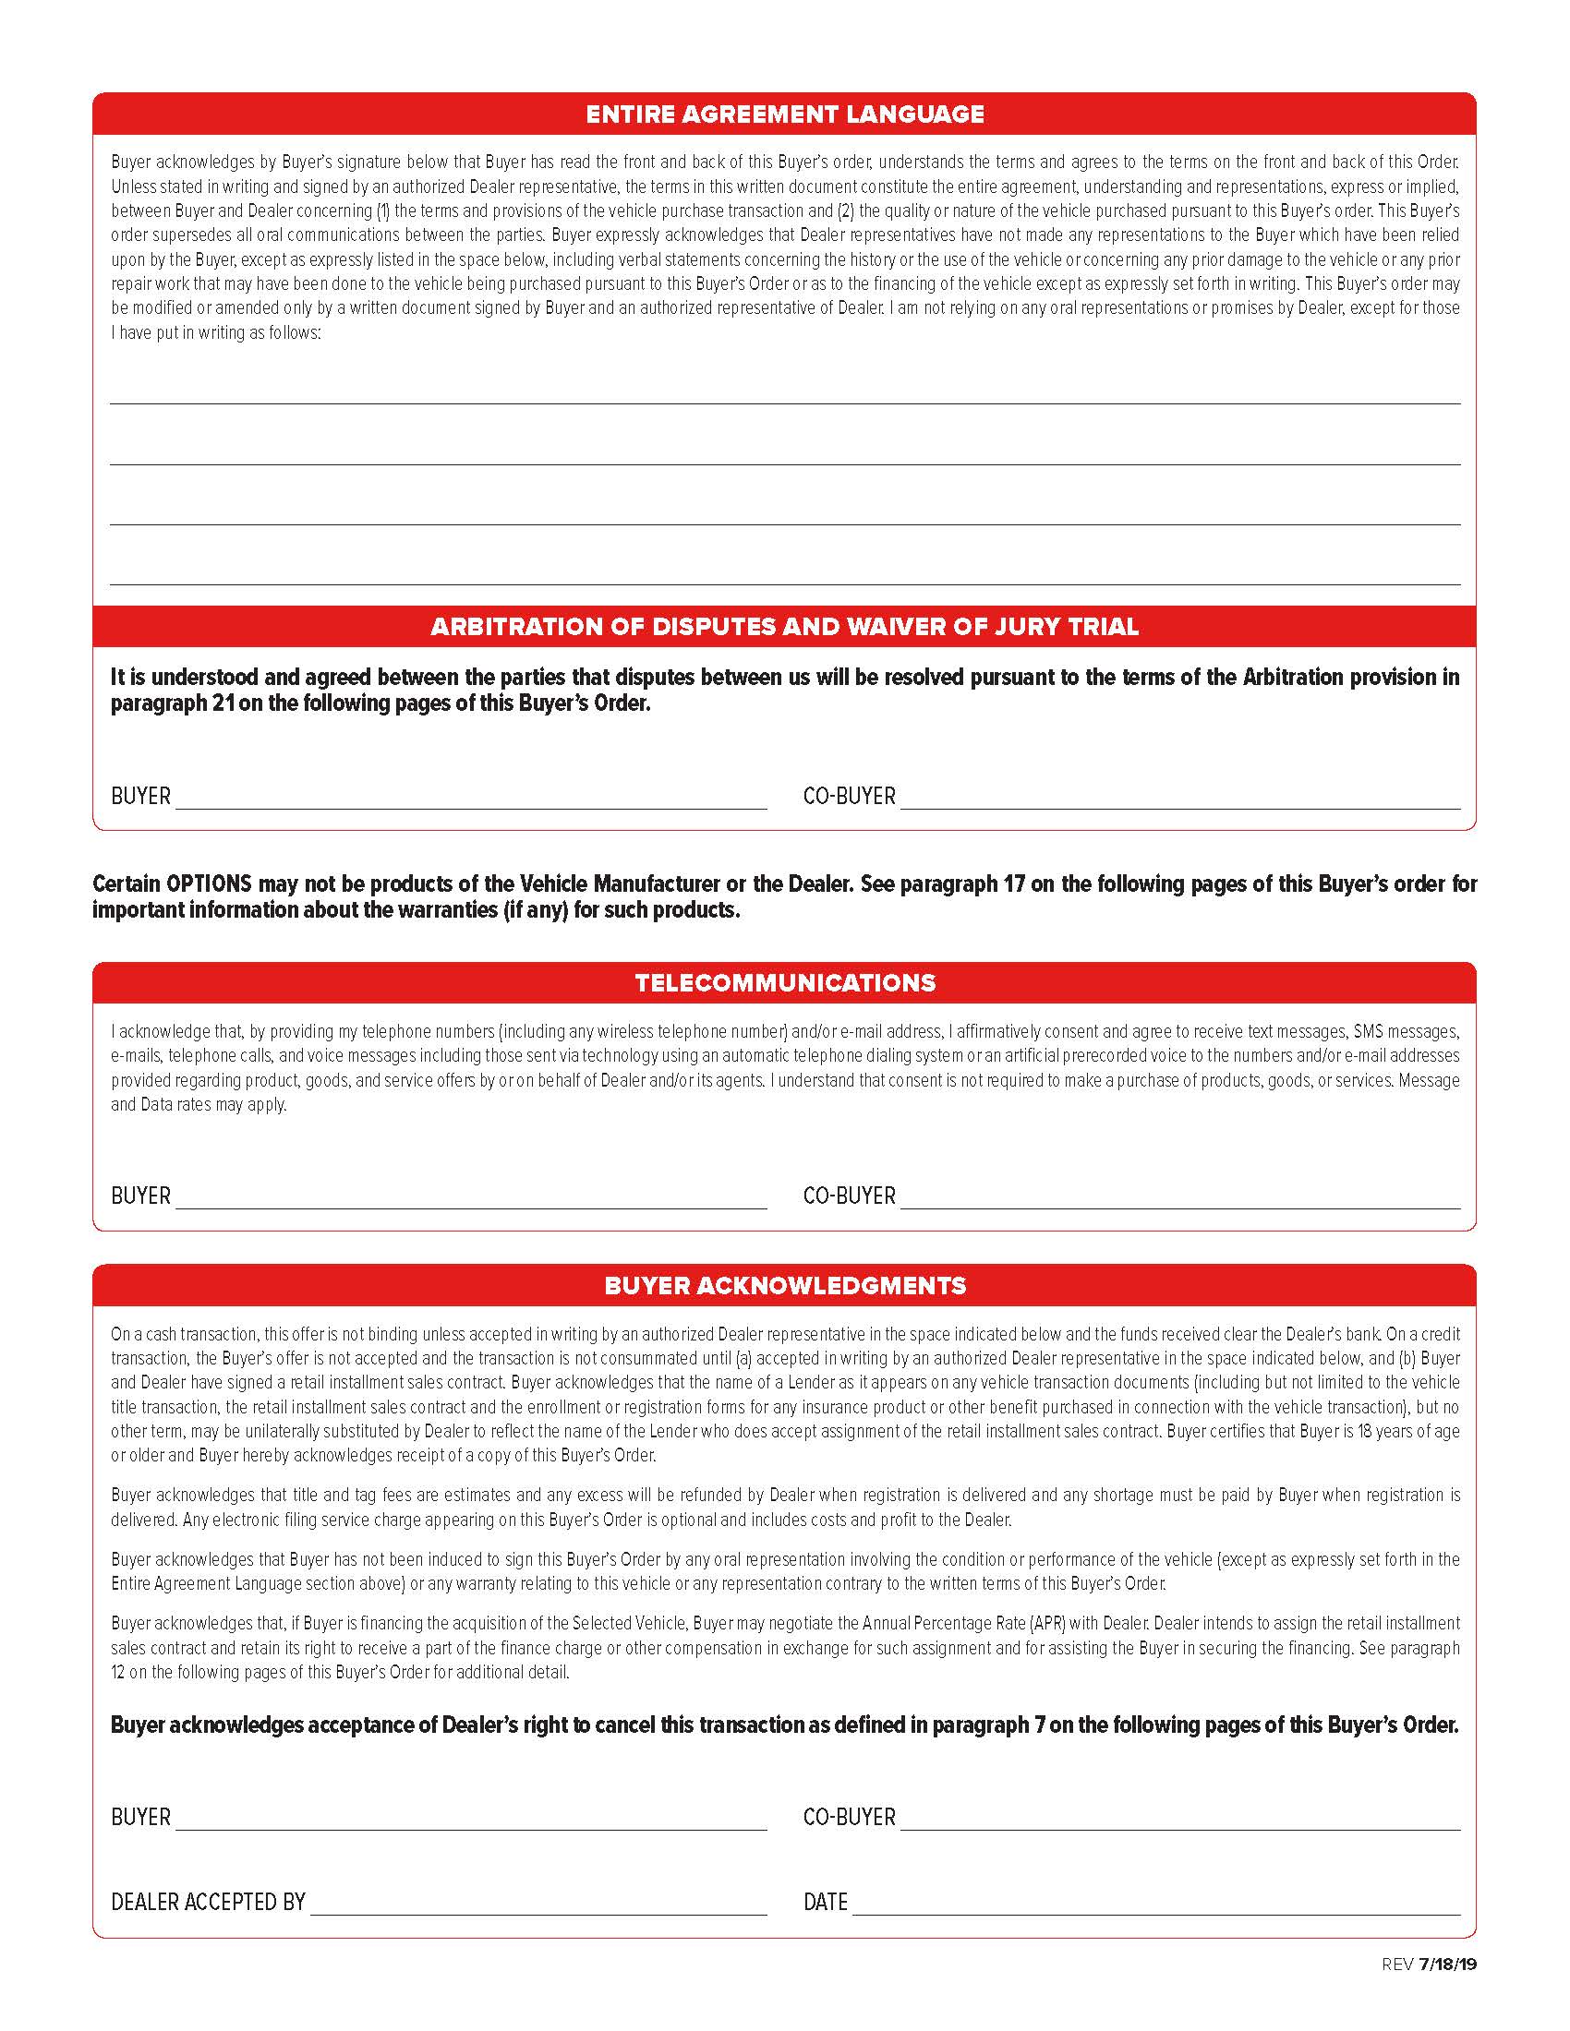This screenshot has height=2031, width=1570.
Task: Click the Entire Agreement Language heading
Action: (x=784, y=114)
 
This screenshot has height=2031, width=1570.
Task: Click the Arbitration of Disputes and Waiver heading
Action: (x=784, y=626)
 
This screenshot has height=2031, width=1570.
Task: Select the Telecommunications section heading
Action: (x=784, y=983)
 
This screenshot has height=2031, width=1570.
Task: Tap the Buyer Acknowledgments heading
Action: (x=784, y=1285)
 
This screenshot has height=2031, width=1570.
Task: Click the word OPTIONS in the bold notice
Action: (x=209, y=883)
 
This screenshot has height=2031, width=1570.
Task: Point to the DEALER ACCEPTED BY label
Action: (x=209, y=1902)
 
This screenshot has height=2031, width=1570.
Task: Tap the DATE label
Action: (x=825, y=1902)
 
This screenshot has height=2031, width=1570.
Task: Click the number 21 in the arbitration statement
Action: (x=223, y=703)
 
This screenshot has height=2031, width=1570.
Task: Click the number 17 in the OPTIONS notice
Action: (x=1013, y=883)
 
